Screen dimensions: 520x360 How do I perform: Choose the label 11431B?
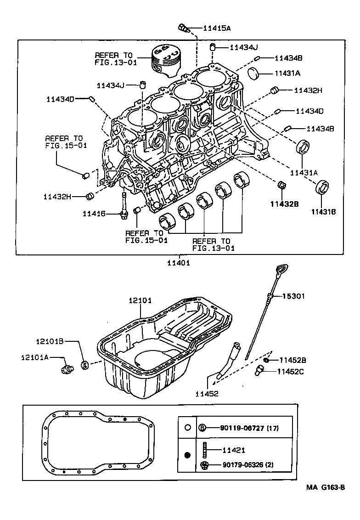(323, 212)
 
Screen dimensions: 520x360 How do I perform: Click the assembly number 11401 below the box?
(178, 263)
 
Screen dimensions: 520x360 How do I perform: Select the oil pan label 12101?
(140, 300)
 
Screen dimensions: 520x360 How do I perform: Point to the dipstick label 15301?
(293, 296)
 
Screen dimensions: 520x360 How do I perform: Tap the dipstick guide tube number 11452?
(207, 394)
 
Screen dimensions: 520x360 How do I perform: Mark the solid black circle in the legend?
(187, 455)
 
